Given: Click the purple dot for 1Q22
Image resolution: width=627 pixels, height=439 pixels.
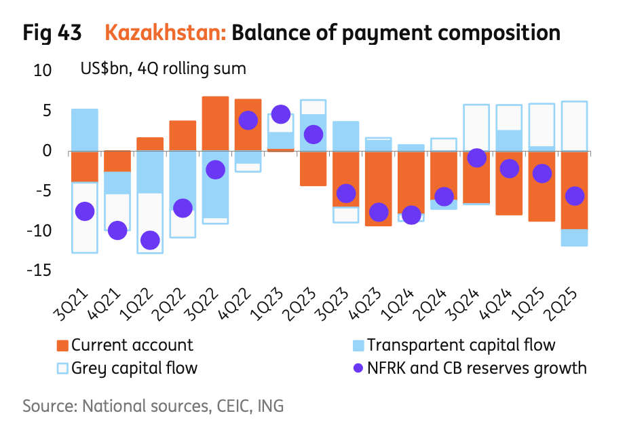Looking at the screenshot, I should tap(150, 240).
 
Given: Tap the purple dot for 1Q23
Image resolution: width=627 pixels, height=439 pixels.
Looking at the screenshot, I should tap(281, 115).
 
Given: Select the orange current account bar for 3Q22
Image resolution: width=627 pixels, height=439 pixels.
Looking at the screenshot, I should tap(216, 124).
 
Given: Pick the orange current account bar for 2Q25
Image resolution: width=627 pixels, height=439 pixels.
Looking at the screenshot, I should tap(575, 190).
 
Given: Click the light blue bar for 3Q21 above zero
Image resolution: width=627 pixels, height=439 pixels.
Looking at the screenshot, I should tap(85, 130).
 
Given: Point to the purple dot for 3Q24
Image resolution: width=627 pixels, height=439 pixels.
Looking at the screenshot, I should tap(477, 158).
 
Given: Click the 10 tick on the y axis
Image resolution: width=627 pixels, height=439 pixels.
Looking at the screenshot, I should tap(43, 70).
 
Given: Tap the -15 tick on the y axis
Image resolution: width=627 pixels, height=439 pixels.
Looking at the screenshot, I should tap(39, 270).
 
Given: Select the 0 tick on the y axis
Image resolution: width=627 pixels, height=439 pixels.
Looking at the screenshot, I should tap(47, 151).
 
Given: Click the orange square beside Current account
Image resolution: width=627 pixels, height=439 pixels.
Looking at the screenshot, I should tap(63, 345).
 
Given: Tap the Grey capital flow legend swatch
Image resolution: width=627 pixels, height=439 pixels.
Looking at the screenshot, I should tap(63, 369).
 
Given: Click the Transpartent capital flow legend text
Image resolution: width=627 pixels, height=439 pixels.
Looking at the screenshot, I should tap(461, 345).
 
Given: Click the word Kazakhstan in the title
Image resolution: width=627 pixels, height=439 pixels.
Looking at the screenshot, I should tap(166, 33).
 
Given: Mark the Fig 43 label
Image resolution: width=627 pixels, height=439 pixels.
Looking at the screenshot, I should tap(52, 33).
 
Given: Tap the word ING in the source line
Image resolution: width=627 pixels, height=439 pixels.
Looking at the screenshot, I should tap(269, 406).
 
